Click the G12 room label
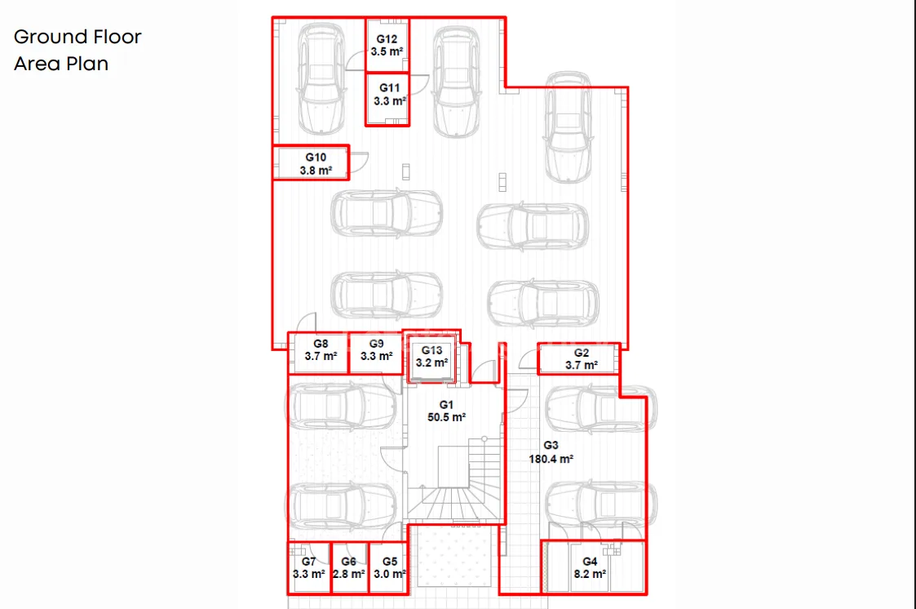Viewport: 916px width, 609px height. (x=387, y=39)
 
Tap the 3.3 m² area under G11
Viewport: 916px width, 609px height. (x=390, y=101)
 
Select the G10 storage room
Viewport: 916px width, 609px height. (x=311, y=162)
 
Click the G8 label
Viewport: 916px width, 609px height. (x=321, y=344)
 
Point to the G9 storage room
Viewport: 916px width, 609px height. (x=376, y=353)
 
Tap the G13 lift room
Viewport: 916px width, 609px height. (x=431, y=359)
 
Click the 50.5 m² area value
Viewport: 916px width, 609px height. (x=446, y=417)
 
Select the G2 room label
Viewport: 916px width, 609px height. (x=582, y=353)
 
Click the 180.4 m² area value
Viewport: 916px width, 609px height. (x=551, y=460)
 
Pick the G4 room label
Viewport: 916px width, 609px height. (x=590, y=561)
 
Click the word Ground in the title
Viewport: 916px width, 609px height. (x=50, y=37)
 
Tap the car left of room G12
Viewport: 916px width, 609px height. (x=321, y=79)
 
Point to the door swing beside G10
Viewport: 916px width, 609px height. (x=359, y=162)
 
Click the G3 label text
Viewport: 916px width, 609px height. (x=551, y=446)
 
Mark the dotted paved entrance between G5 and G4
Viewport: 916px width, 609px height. (x=454, y=556)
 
